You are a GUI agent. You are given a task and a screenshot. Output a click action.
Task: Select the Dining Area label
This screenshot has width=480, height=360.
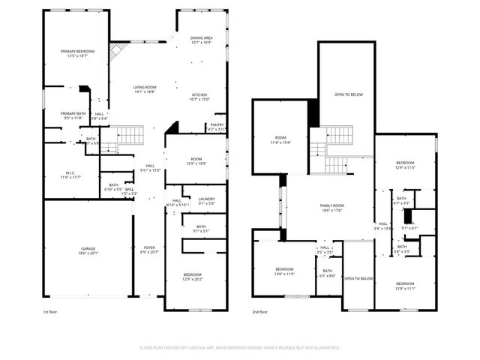[201, 37]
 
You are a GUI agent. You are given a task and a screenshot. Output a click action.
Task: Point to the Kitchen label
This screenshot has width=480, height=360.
[199, 94]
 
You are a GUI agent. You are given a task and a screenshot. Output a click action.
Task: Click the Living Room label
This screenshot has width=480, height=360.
[144, 88]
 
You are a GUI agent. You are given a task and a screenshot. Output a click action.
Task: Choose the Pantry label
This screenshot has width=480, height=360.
[217, 125]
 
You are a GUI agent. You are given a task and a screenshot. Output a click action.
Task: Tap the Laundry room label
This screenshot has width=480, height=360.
[206, 199]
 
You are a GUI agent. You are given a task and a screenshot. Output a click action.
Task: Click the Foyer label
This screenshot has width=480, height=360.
[149, 247]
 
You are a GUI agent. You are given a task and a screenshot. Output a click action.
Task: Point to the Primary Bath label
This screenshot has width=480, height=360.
[73, 113]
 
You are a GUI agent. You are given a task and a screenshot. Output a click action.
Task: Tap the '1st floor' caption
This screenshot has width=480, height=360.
[50, 311]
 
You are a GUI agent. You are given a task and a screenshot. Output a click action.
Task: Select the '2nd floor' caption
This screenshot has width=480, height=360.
[259, 311]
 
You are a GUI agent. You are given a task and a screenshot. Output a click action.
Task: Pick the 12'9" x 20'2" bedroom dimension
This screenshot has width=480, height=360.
[192, 280]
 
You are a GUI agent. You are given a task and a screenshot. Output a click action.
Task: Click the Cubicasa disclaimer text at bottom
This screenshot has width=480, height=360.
[240, 348]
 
